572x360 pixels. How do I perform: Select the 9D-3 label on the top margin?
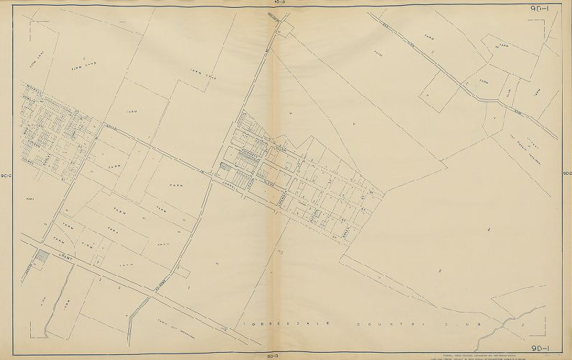point(278,3)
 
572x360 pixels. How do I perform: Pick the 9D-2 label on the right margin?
point(566,174)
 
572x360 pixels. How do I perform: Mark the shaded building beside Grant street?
point(42,256)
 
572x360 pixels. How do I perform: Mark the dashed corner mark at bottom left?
point(32,335)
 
